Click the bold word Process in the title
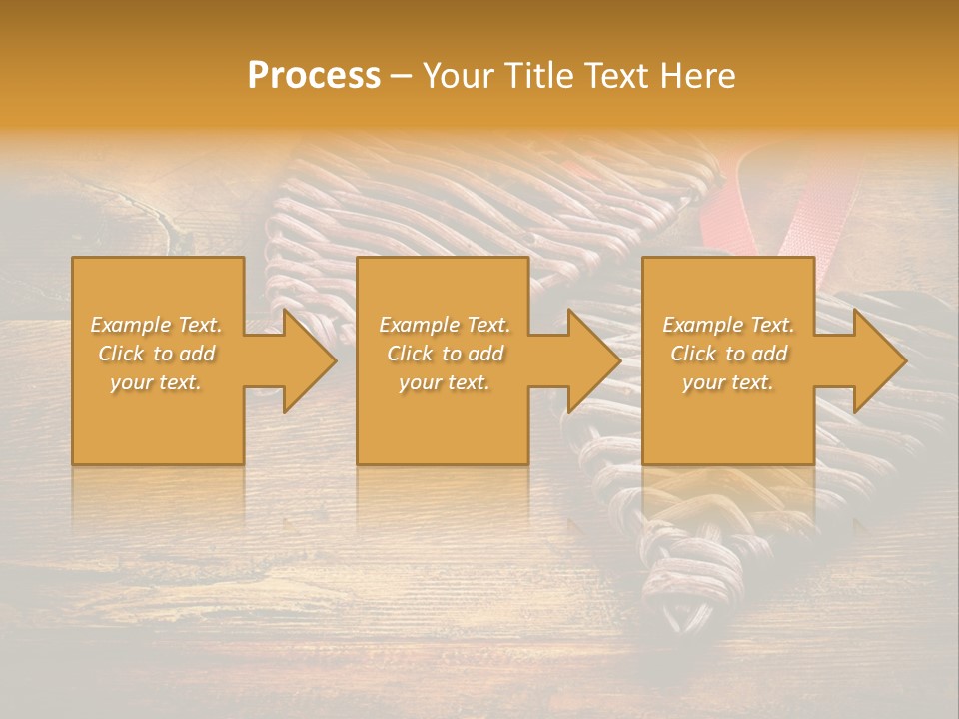click(314, 76)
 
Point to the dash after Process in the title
click(402, 77)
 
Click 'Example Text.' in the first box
click(157, 325)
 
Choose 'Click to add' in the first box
click(157, 354)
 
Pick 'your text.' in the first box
click(157, 382)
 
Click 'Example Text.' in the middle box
click(445, 325)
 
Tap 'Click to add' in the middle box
click(445, 354)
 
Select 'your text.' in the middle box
click(445, 382)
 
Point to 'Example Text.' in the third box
click(728, 325)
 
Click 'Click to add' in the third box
click(728, 354)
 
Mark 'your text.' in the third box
click(728, 382)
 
